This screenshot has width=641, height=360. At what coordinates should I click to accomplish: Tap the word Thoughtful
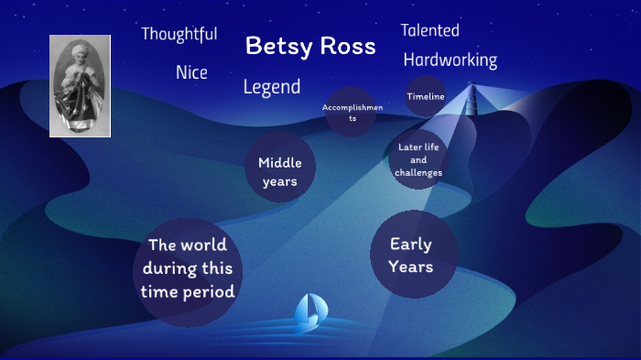tap(179, 35)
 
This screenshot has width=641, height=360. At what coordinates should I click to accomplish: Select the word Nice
tap(191, 72)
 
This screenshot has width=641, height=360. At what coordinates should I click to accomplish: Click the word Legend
tap(272, 87)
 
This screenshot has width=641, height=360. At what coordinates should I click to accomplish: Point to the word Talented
tap(429, 30)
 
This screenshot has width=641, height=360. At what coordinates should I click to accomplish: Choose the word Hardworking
tap(450, 60)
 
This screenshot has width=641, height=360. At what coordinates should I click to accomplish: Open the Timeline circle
tap(426, 96)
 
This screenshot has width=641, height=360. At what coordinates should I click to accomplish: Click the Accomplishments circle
tap(352, 113)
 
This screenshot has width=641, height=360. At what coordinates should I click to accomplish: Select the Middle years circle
tap(279, 171)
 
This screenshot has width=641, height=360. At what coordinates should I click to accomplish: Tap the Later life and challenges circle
tap(419, 159)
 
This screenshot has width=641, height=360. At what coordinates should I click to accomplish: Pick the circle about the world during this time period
tap(188, 269)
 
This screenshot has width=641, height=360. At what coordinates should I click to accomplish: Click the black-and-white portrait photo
tap(80, 86)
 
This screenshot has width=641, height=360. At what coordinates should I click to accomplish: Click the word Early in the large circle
tap(410, 245)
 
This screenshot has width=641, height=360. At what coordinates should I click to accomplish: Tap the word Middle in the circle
tap(279, 163)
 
